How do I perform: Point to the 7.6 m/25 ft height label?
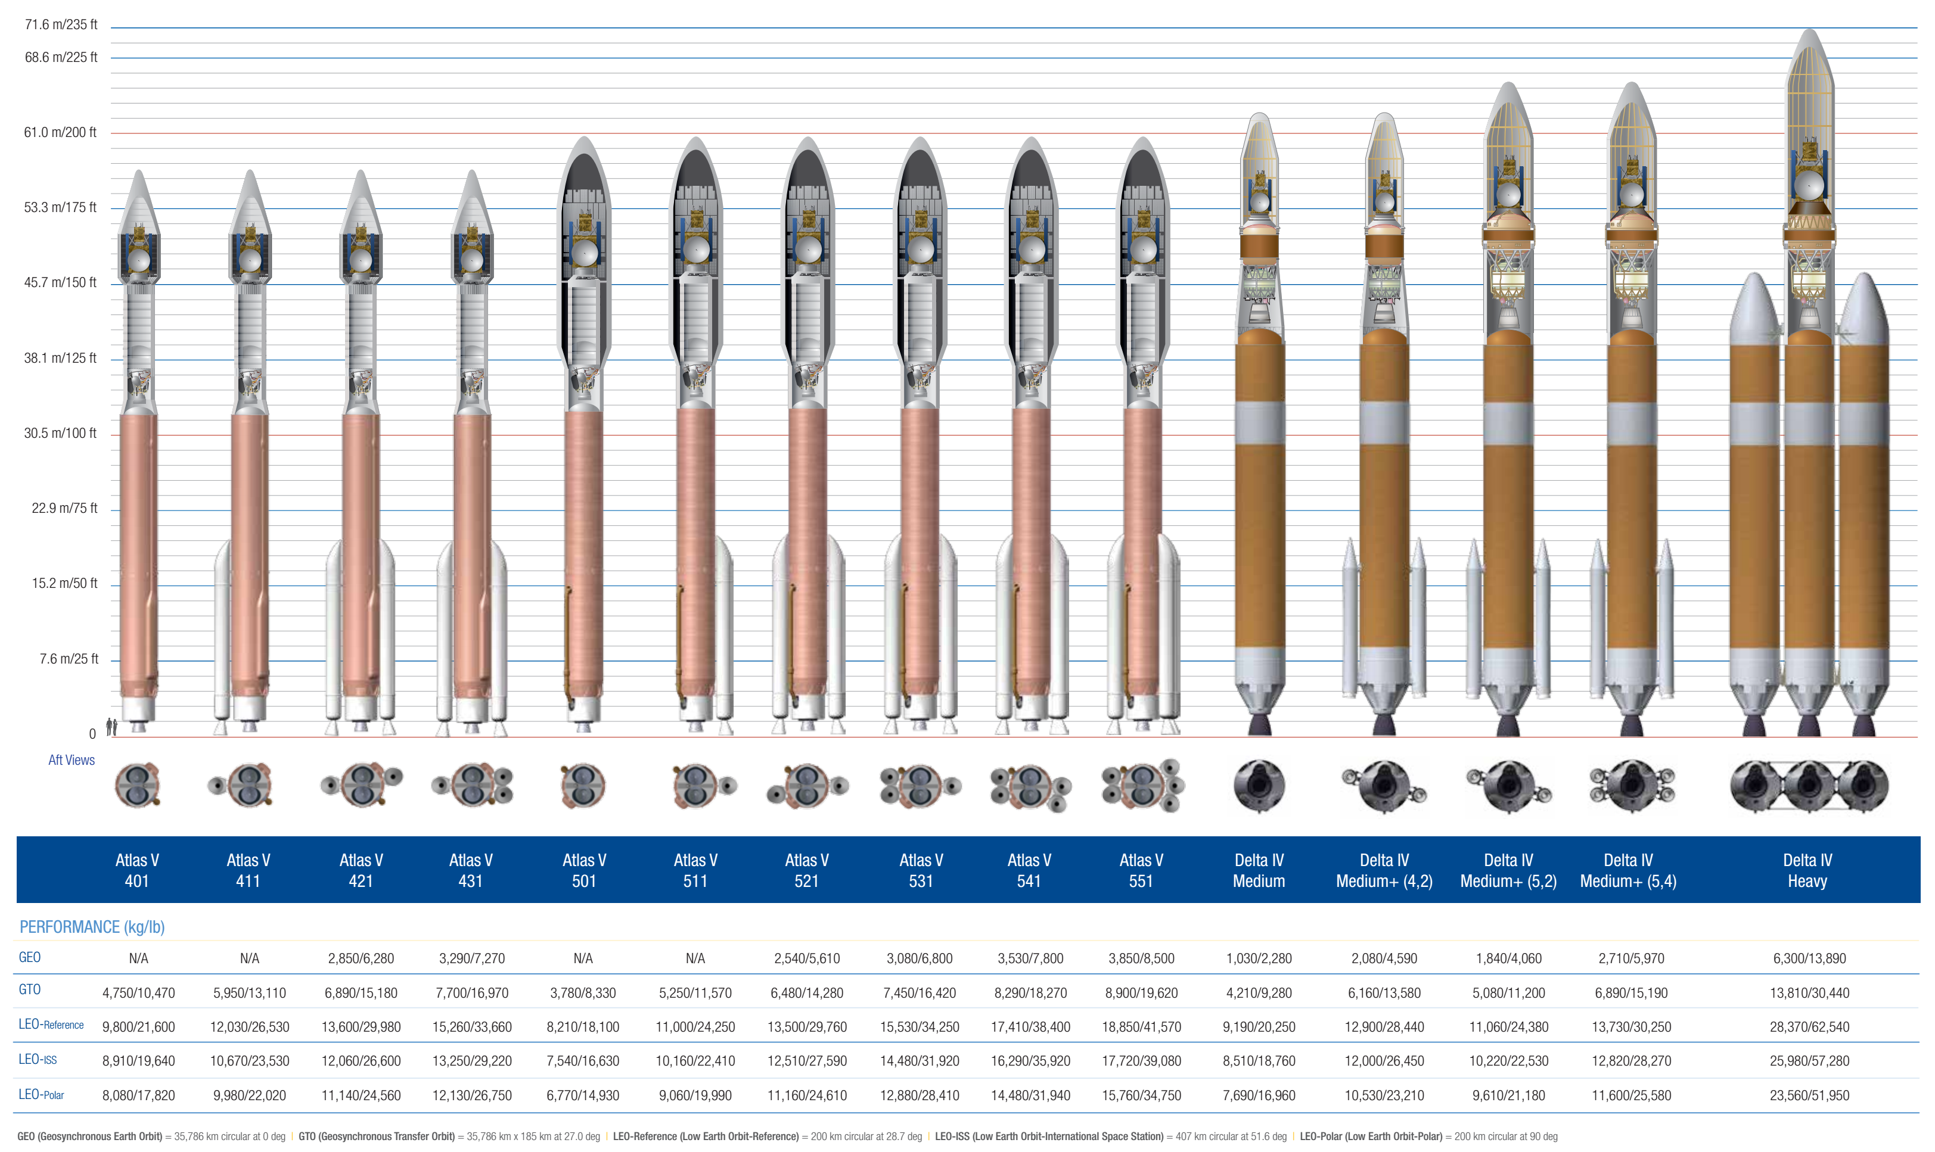coord(69,659)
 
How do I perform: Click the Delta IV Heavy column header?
coord(1807,870)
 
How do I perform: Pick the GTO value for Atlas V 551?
coord(1141,993)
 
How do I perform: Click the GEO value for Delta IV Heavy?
coord(1809,958)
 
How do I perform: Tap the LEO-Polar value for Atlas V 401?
coord(138,1095)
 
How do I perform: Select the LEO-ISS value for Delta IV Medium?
coord(1259,1061)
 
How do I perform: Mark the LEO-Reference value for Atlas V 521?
coord(807,1027)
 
